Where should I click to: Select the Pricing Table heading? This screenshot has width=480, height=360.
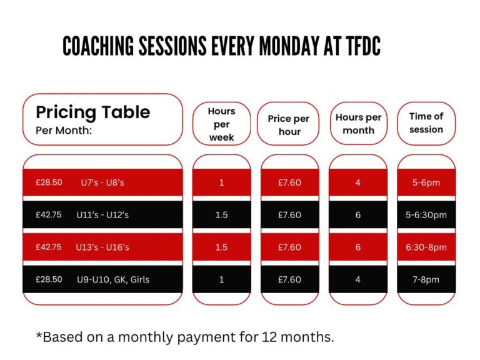pos(93,112)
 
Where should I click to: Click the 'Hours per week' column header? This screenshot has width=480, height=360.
pos(222,124)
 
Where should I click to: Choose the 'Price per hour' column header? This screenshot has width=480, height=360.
pos(289,125)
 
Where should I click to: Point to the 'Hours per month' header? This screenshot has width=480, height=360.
pos(359,124)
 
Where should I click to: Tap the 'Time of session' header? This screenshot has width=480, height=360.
pos(426,122)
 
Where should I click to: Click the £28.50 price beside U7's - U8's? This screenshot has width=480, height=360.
pos(49,182)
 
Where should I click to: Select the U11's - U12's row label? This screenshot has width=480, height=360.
pos(102,215)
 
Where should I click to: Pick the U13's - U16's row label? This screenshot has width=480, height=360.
pos(102,247)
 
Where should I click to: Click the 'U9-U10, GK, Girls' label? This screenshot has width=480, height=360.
pos(113,280)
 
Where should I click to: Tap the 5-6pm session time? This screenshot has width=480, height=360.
pos(426,182)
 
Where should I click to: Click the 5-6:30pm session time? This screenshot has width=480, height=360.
pos(426,215)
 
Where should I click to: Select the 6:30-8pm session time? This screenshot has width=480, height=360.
pos(426,247)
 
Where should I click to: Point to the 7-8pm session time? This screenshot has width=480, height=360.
pos(426,280)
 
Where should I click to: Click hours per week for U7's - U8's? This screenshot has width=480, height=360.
pos(222,182)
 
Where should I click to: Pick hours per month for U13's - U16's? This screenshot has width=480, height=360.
pos(358,247)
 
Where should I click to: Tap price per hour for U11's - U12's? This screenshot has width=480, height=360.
pos(289,215)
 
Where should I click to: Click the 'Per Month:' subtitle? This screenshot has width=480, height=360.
pos(64,131)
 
